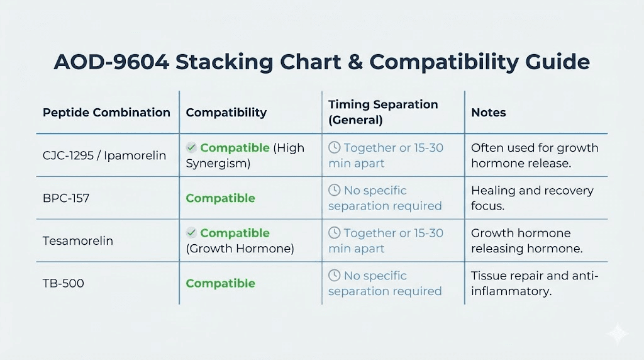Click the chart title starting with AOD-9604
pyautogui.click(x=321, y=62)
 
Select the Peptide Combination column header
pyautogui.click(x=106, y=113)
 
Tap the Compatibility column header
pyautogui.click(x=226, y=113)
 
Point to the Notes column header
pyautogui.click(x=489, y=113)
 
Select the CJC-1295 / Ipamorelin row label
pyautogui.click(x=104, y=155)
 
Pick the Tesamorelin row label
pyautogui.click(x=78, y=241)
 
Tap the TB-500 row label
pyautogui.click(x=64, y=283)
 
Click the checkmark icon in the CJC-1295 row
pyautogui.click(x=191, y=148)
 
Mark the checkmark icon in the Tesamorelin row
pyautogui.click(x=191, y=233)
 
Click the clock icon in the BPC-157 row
pyautogui.click(x=335, y=190)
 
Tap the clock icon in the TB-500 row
pyautogui.click(x=335, y=276)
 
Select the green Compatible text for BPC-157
pyautogui.click(x=220, y=198)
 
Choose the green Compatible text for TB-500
pyautogui.click(x=220, y=283)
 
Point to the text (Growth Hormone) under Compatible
pyautogui.click(x=240, y=249)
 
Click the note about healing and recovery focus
pyautogui.click(x=532, y=198)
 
